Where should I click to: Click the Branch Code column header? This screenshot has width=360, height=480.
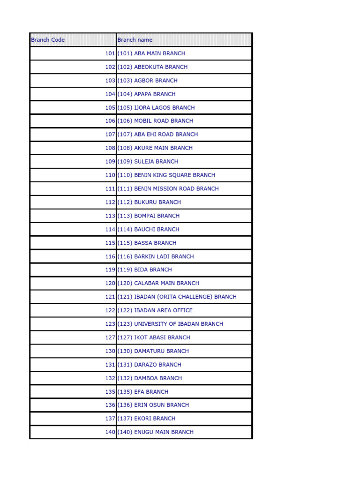tap(48, 40)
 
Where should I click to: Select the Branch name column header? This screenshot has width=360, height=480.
tap(135, 40)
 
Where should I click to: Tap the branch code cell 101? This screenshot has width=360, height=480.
tap(110, 53)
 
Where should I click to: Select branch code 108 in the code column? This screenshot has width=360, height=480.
tap(110, 148)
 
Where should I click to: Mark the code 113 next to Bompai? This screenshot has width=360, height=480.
tap(110, 216)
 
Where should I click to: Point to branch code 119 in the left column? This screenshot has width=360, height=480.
tap(110, 270)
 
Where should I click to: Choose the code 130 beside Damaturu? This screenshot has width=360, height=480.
tap(110, 351)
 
